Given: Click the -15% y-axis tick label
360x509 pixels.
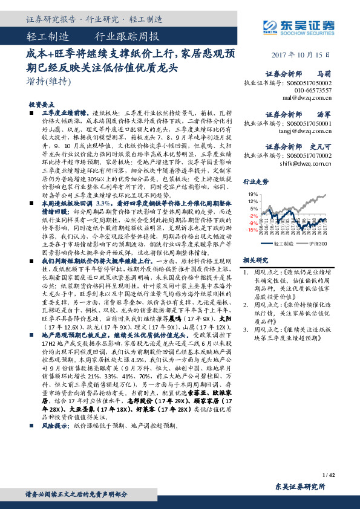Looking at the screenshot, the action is point(252,230).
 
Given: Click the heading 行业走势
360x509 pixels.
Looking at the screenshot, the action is point(255,181).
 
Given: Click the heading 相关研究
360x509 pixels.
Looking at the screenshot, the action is point(255,259).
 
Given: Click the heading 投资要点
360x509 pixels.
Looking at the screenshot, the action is point(42,104).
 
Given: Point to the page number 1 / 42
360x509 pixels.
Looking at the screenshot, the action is point(329,475).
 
